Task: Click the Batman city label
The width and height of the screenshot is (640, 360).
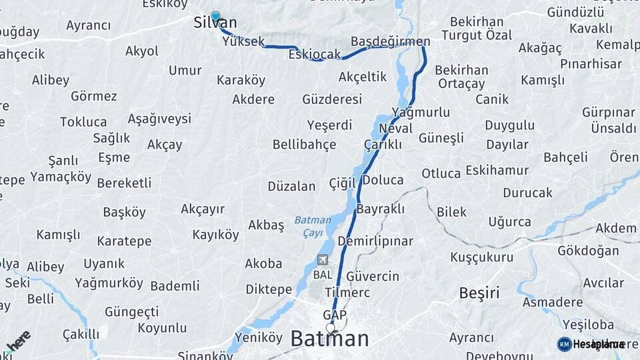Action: [329, 339]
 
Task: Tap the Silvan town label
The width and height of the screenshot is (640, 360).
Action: [215, 23]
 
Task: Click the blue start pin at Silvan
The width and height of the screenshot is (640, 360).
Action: [215, 16]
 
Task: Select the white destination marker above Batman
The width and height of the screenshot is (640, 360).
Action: [331, 327]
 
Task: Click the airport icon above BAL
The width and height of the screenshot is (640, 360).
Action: [323, 260]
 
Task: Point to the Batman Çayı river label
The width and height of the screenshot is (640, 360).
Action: [313, 226]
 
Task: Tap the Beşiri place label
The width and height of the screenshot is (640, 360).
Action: [479, 292]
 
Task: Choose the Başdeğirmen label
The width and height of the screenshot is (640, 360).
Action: [390, 41]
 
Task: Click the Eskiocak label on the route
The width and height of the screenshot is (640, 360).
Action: [315, 55]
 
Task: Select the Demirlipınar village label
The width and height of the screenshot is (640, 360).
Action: [375, 241]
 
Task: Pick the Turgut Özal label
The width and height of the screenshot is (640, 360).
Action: [477, 35]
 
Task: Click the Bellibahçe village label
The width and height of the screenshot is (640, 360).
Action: [304, 145]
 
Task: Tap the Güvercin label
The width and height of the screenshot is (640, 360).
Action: [373, 276]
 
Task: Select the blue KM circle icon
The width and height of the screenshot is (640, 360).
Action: [564, 344]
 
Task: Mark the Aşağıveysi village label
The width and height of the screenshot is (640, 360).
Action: [159, 119]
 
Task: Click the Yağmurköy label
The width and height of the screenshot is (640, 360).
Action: [109, 283]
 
